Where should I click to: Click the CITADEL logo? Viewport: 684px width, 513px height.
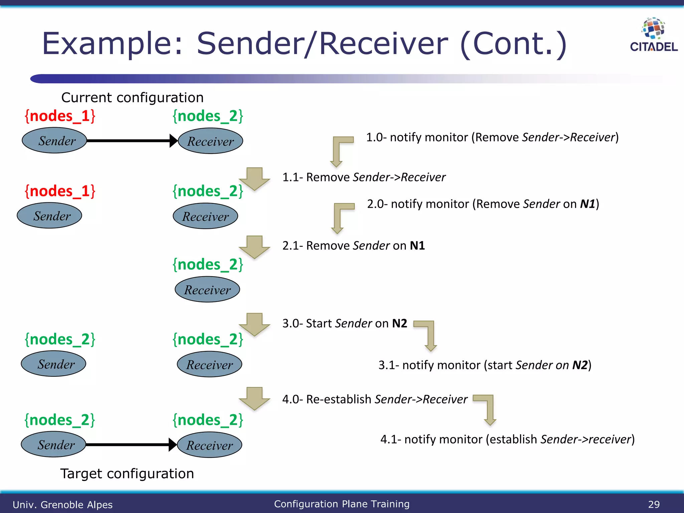tap(653, 35)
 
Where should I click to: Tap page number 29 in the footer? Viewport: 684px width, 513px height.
tap(654, 504)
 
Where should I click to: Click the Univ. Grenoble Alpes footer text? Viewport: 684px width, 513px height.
tap(62, 505)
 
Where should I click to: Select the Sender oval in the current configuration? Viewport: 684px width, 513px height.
tap(54, 141)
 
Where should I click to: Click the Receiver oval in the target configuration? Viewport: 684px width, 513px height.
tap(209, 445)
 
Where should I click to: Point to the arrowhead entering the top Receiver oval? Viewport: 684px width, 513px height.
tap(173, 141)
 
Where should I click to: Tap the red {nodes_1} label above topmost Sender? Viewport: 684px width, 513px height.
tap(60, 116)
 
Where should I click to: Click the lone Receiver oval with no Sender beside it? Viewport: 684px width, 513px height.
tap(207, 290)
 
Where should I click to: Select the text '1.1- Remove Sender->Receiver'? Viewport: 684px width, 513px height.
tap(364, 177)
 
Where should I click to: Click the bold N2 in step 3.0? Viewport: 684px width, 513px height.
tap(399, 323)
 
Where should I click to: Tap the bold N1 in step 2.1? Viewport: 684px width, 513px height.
tap(417, 245)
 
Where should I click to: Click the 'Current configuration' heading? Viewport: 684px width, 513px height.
tap(132, 98)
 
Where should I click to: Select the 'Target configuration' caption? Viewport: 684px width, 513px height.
tap(127, 474)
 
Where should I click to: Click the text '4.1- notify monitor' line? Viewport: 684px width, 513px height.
tap(507, 439)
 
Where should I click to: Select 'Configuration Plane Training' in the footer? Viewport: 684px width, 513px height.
tap(342, 504)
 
